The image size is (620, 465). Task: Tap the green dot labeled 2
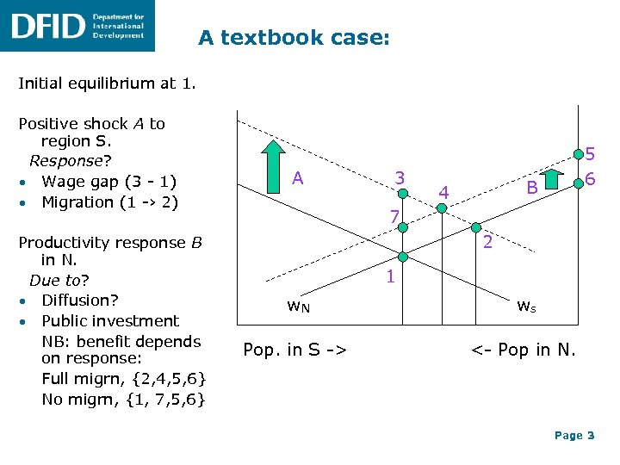(474, 228)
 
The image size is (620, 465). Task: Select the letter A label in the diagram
(297, 178)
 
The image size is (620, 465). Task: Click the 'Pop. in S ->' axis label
(295, 350)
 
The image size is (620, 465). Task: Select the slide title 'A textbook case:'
(294, 38)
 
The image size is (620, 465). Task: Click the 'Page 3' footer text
(574, 436)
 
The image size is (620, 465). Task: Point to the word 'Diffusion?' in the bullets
(80, 301)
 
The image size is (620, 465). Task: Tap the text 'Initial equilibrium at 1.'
(107, 84)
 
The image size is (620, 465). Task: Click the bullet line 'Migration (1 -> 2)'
(110, 202)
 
